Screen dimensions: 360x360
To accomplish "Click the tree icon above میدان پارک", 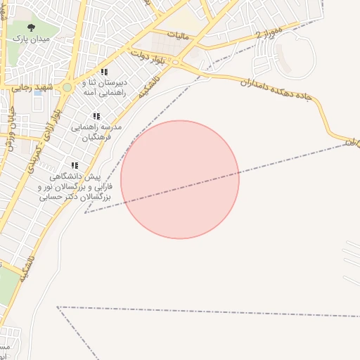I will [x=30, y=27].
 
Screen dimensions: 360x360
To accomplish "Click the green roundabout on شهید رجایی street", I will [x=67, y=87].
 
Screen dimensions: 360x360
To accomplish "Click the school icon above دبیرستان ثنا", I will [x=104, y=72].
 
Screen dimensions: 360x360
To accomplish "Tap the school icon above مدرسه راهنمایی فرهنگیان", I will [x=96, y=116].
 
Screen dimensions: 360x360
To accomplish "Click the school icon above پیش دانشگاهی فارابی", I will [x=74, y=165].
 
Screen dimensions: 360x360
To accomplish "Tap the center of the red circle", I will [x=180, y=179].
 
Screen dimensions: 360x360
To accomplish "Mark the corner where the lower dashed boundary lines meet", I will [x=58, y=307].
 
